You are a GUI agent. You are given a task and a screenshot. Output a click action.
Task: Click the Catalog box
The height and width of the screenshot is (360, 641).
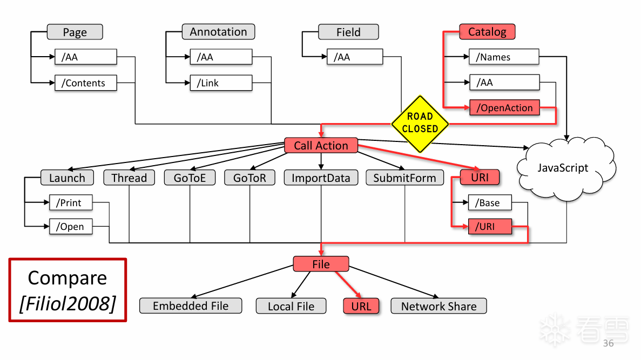[487, 32]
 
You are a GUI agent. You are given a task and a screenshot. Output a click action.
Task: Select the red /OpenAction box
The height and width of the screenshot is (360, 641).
[504, 108]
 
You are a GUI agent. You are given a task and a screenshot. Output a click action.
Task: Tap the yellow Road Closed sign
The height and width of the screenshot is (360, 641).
[420, 124]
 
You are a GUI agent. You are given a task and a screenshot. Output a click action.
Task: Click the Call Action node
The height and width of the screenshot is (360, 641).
[321, 146]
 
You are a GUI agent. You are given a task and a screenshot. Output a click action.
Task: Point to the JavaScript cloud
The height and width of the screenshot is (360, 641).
[563, 168]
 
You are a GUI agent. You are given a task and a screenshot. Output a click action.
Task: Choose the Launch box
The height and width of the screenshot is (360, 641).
[67, 178]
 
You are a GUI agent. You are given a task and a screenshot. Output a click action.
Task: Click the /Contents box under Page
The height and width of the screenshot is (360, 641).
[85, 83]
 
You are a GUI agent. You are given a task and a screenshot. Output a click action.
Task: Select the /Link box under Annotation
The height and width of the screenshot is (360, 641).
[221, 83]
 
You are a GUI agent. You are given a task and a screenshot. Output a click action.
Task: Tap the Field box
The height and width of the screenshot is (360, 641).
[348, 32]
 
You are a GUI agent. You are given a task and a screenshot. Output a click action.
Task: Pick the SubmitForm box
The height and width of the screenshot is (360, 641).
[404, 178]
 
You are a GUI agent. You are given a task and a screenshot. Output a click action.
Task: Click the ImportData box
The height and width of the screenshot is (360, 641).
[321, 178]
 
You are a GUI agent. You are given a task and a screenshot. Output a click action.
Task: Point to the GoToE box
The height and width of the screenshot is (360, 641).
[190, 178]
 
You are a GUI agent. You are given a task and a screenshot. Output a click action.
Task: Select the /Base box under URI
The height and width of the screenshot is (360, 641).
[490, 203]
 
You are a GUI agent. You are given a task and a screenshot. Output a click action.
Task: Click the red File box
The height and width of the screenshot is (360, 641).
[321, 264]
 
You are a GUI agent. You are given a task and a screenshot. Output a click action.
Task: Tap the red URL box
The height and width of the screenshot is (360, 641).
[361, 306]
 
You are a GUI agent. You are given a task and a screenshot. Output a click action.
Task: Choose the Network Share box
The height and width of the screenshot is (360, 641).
[438, 306]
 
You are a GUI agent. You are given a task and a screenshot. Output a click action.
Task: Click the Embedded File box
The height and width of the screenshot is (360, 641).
[191, 306]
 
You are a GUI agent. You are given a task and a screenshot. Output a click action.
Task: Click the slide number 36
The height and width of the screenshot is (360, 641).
[608, 343]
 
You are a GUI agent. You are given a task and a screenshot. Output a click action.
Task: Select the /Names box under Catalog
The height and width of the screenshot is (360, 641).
[504, 57]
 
